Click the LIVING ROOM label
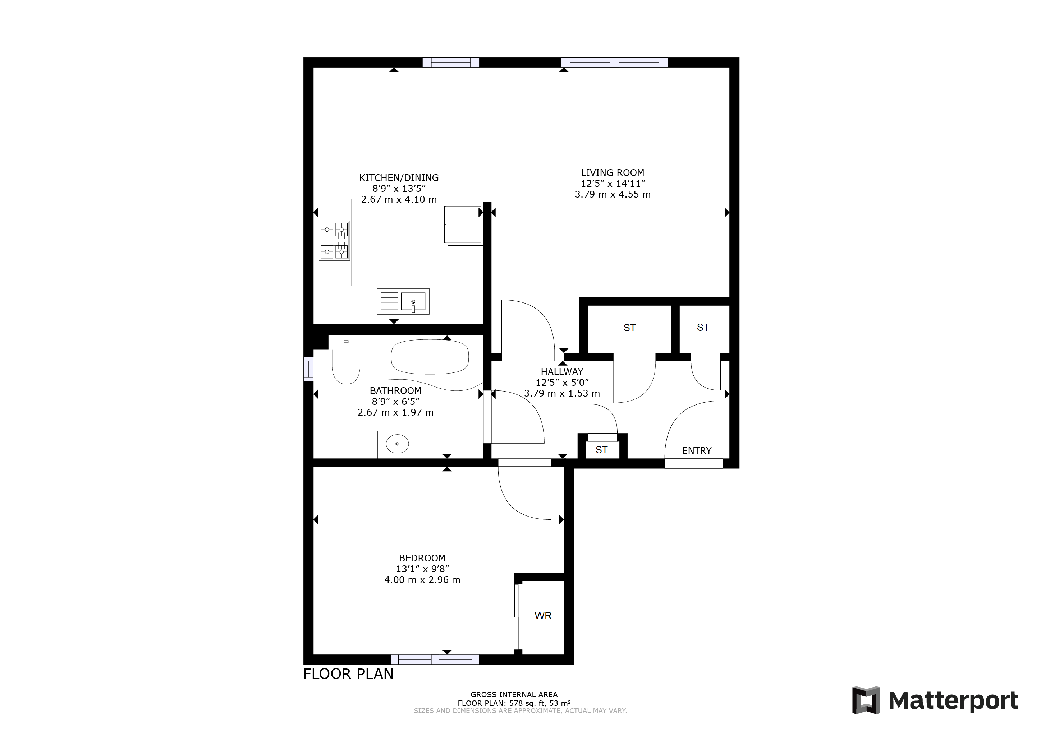tap(612, 173)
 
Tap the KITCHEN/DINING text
tap(399, 178)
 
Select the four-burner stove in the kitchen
tap(334, 241)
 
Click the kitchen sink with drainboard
tap(403, 301)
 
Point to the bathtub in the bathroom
tap(429, 357)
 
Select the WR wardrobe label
tap(543, 616)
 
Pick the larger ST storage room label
tap(629, 328)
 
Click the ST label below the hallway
tap(601, 450)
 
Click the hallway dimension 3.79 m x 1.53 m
tap(562, 393)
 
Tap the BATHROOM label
tap(395, 391)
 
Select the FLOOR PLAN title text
tap(348, 674)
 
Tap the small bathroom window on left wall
tap(308, 369)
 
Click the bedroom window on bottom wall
tap(435, 659)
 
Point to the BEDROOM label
tap(422, 558)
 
